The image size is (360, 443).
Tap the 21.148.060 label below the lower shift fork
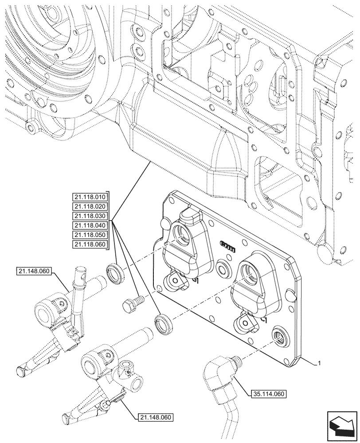tap(155, 417)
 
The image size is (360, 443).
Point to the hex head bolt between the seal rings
tap(133, 303)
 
